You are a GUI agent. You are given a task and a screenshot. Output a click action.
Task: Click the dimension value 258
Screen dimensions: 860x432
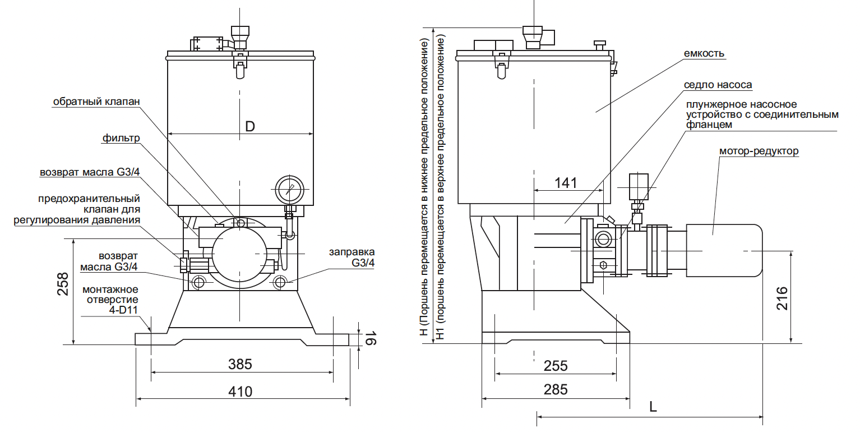coord(63,284)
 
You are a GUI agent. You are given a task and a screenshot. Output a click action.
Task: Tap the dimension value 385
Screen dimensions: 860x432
coord(240,364)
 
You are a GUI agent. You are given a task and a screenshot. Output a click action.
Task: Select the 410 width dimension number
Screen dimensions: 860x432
coord(241,392)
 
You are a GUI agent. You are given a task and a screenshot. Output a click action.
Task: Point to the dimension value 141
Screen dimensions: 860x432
coord(566,183)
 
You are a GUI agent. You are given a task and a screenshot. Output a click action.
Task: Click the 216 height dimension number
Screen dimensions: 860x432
coord(782,298)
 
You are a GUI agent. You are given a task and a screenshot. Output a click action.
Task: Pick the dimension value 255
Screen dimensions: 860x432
coord(556,366)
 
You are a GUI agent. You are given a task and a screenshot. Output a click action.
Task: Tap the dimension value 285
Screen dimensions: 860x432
coord(556,390)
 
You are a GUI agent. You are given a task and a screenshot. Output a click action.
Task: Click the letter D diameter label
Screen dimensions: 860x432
coord(250,126)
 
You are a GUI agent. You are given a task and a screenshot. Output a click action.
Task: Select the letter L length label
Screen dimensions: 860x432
coord(653,407)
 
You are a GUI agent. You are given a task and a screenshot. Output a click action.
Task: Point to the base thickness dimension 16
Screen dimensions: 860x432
coord(370,339)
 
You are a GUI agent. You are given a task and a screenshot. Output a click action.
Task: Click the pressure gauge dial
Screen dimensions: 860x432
coord(289,190)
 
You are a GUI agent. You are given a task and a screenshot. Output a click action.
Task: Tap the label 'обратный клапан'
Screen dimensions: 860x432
coord(96,102)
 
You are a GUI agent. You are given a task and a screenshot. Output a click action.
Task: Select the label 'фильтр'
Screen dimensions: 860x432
coord(121,138)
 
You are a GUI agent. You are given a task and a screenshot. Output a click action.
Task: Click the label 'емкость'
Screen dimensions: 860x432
coord(704,53)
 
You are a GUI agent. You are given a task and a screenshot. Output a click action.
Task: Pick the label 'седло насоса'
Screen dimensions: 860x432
coord(718,85)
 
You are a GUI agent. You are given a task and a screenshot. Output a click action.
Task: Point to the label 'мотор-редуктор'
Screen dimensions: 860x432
coord(759,151)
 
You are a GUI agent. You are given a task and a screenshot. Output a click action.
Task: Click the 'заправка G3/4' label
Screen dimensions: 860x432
coord(352,257)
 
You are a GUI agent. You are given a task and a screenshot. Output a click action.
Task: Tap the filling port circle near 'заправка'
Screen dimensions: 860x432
coord(280,283)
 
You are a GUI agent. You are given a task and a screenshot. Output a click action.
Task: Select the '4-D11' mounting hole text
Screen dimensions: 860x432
coord(123,310)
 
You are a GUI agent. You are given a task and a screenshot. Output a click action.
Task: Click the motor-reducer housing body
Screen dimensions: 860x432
coord(724,250)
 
